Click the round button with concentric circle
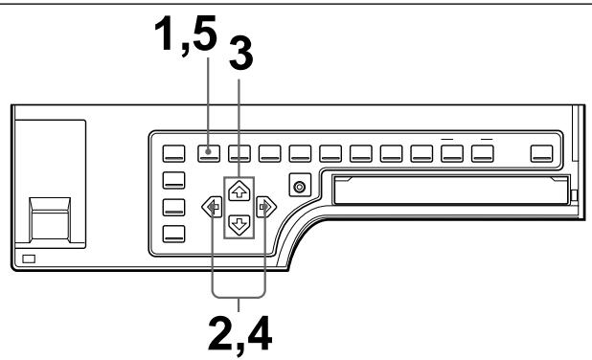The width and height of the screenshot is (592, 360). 299,186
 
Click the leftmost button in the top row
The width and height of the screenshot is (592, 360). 173,150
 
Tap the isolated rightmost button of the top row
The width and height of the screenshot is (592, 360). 543,150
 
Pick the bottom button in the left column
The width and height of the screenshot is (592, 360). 173,233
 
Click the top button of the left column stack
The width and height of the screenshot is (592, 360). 173,178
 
